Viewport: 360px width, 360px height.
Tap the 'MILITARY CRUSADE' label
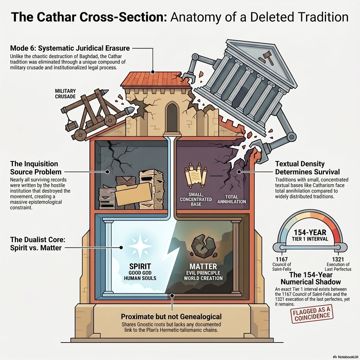tap(65, 94)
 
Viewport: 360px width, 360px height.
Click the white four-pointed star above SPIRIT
tap(140, 246)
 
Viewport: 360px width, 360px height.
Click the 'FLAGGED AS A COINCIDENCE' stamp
tap(311, 315)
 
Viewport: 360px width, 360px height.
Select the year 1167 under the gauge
tap(281, 259)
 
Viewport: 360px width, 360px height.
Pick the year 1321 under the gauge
tap(338, 259)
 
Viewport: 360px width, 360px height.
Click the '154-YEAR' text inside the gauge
tap(310, 232)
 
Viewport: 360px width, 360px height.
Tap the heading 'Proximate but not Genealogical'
tap(171, 317)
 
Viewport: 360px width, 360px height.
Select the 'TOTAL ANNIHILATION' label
tap(232, 199)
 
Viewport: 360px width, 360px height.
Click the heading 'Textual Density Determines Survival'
tap(307, 168)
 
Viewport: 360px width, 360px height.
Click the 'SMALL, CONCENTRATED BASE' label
tap(196, 199)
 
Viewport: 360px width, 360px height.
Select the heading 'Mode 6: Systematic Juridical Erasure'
tap(70, 48)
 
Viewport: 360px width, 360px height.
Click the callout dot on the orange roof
tap(153, 72)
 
